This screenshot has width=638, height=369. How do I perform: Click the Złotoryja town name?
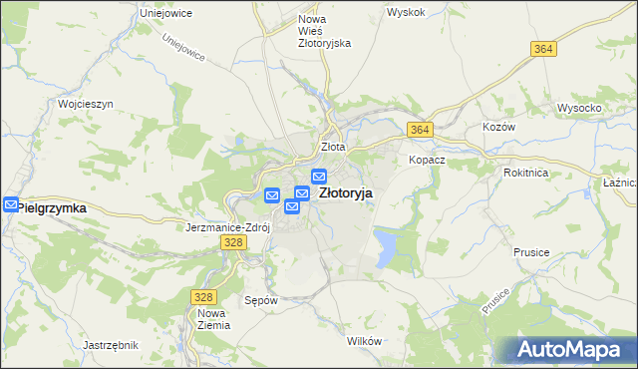click(346, 194)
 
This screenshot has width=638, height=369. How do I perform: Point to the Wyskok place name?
click(406, 13)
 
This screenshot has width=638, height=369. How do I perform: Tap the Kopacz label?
click(426, 160)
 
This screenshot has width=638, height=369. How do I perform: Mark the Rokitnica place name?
click(526, 171)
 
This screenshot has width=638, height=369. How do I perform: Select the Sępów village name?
click(260, 298)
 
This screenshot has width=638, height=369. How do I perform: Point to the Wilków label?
click(365, 341)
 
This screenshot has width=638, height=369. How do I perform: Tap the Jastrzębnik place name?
click(110, 345)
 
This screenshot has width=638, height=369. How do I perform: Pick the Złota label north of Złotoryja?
click(332, 147)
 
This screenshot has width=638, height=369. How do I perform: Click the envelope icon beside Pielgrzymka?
click(10, 205)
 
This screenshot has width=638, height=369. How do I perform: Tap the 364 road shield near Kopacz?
click(419, 130)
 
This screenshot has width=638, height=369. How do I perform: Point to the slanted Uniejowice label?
click(182, 48)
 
